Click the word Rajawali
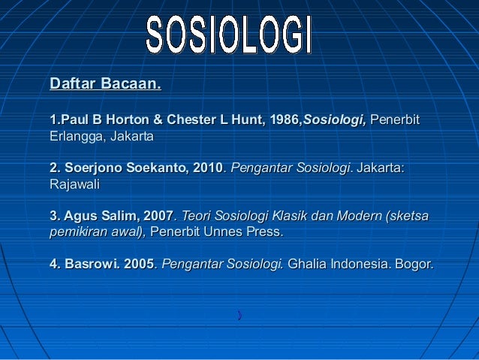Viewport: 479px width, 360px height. tap(74, 183)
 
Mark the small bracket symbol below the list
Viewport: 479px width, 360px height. tap(239, 314)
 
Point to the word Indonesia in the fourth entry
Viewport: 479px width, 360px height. tap(359, 265)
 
